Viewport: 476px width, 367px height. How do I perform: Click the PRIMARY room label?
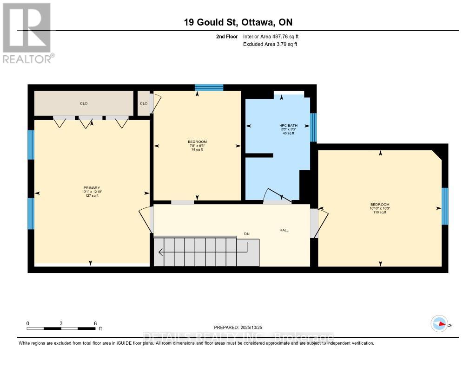click(91, 187)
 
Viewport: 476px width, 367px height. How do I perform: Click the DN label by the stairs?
click(247, 234)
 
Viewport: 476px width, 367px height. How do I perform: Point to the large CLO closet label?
click(84, 103)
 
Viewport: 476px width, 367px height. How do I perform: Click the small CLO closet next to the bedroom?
click(144, 103)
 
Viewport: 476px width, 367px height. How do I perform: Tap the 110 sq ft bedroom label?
click(380, 205)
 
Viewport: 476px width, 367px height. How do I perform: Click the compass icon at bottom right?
click(439, 324)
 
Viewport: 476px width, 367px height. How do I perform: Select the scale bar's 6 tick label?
click(95, 323)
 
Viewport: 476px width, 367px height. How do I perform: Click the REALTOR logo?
click(27, 32)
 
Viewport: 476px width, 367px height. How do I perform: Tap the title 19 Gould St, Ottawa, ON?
click(238, 22)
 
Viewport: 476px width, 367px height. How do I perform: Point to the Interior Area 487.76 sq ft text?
click(274, 36)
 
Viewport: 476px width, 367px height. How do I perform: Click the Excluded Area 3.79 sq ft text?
click(270, 44)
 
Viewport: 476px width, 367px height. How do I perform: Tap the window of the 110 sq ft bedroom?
click(444, 206)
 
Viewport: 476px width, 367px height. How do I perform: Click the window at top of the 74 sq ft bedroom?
click(209, 87)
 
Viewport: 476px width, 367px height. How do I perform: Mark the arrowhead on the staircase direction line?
click(160, 253)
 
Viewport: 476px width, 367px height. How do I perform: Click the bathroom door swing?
click(278, 197)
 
